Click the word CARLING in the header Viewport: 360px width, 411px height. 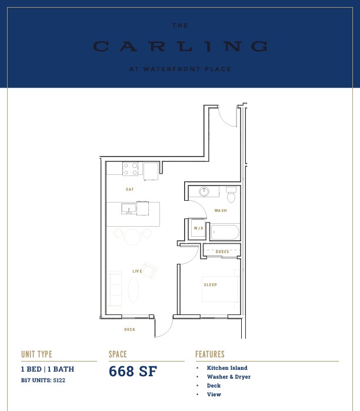pos(180,47)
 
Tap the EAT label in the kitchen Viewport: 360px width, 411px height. pos(130,189)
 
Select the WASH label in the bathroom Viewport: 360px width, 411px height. pos(221,210)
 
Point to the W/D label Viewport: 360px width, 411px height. pos(198,228)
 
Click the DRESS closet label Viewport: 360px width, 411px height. pos(222,252)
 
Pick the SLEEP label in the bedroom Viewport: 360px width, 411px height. pos(210,284)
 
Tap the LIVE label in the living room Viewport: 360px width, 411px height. pos(137,271)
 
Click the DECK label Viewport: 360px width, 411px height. pos(130,330)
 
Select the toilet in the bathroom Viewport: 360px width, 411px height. pos(231,194)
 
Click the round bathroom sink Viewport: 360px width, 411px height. pos(204,191)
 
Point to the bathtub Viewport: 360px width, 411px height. pos(225,232)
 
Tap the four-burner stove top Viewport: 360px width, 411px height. pos(131,169)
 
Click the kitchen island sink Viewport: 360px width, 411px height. pos(129,209)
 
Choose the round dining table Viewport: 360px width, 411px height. pos(133,237)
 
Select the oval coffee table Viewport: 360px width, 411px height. pos(134,290)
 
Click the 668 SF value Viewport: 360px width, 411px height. pos(133,371)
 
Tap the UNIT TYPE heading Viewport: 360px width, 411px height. pos(36,354)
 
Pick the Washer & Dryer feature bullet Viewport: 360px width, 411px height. pos(229,377)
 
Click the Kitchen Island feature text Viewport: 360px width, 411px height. pos(227,368)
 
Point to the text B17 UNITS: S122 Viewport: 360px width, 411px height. pos(43,380)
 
